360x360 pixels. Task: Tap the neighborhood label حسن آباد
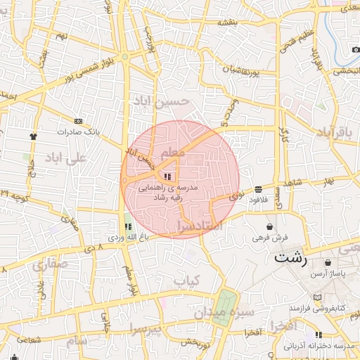[x=162, y=103]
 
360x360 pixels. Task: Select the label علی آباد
[x=65, y=157]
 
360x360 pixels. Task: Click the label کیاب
[x=187, y=281]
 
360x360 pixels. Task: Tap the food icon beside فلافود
[x=259, y=189]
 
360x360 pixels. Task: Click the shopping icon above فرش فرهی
[x=271, y=226]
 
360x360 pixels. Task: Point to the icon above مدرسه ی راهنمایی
[x=167, y=176]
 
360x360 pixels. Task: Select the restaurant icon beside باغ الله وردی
[x=128, y=226]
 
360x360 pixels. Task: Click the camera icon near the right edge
[x=354, y=51]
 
